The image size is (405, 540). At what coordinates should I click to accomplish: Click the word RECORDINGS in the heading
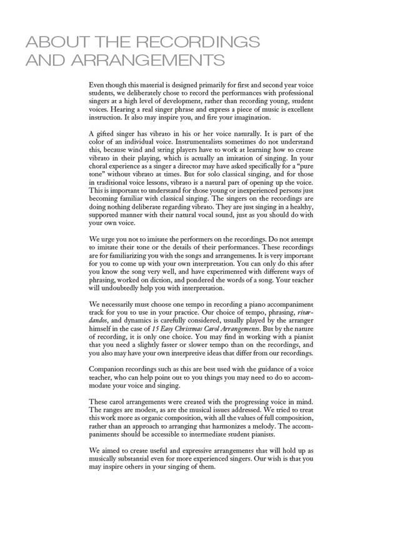tap(197, 42)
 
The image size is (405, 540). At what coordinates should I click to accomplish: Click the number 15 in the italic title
tap(156, 329)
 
